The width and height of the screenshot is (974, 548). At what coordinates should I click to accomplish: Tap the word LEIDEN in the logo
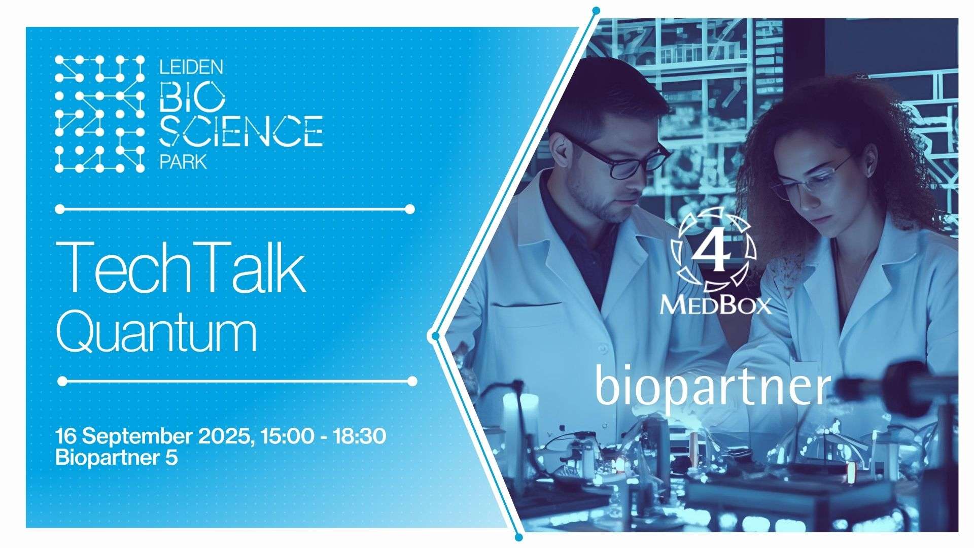pos(191,66)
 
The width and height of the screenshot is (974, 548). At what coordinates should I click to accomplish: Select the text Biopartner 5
pos(117,458)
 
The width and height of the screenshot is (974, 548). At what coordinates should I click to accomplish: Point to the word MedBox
pos(715,306)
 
